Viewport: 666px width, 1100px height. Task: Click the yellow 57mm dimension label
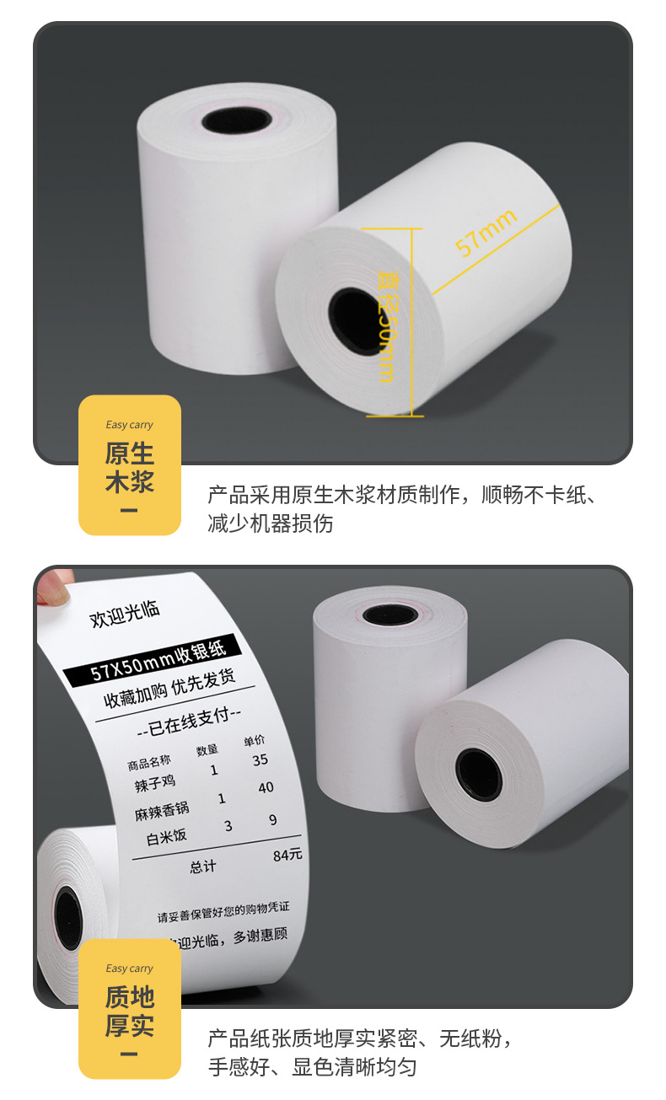point(485,233)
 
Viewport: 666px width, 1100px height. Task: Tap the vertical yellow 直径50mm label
point(386,324)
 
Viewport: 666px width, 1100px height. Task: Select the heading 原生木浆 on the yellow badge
point(130,468)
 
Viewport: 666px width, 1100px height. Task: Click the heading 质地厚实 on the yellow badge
point(130,1011)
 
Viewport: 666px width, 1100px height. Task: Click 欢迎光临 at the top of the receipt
point(125,614)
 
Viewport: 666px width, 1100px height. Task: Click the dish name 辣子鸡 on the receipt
point(153,784)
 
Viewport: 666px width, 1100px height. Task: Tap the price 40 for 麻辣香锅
point(266,787)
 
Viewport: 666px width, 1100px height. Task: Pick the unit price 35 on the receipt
point(260,759)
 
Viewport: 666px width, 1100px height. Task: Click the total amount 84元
point(287,856)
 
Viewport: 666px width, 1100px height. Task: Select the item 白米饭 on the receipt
point(166,837)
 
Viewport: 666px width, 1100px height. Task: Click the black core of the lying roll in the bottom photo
point(478,774)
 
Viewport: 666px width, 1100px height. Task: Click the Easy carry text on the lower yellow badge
point(130,969)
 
